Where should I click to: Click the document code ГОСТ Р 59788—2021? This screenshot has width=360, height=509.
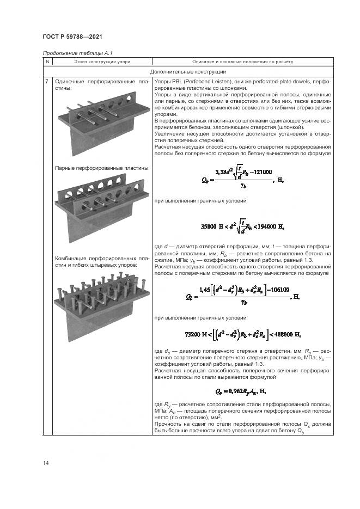72,35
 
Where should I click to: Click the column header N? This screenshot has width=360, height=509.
47,62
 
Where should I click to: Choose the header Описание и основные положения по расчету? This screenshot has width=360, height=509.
243,62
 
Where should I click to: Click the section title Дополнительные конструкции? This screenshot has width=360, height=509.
188,72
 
